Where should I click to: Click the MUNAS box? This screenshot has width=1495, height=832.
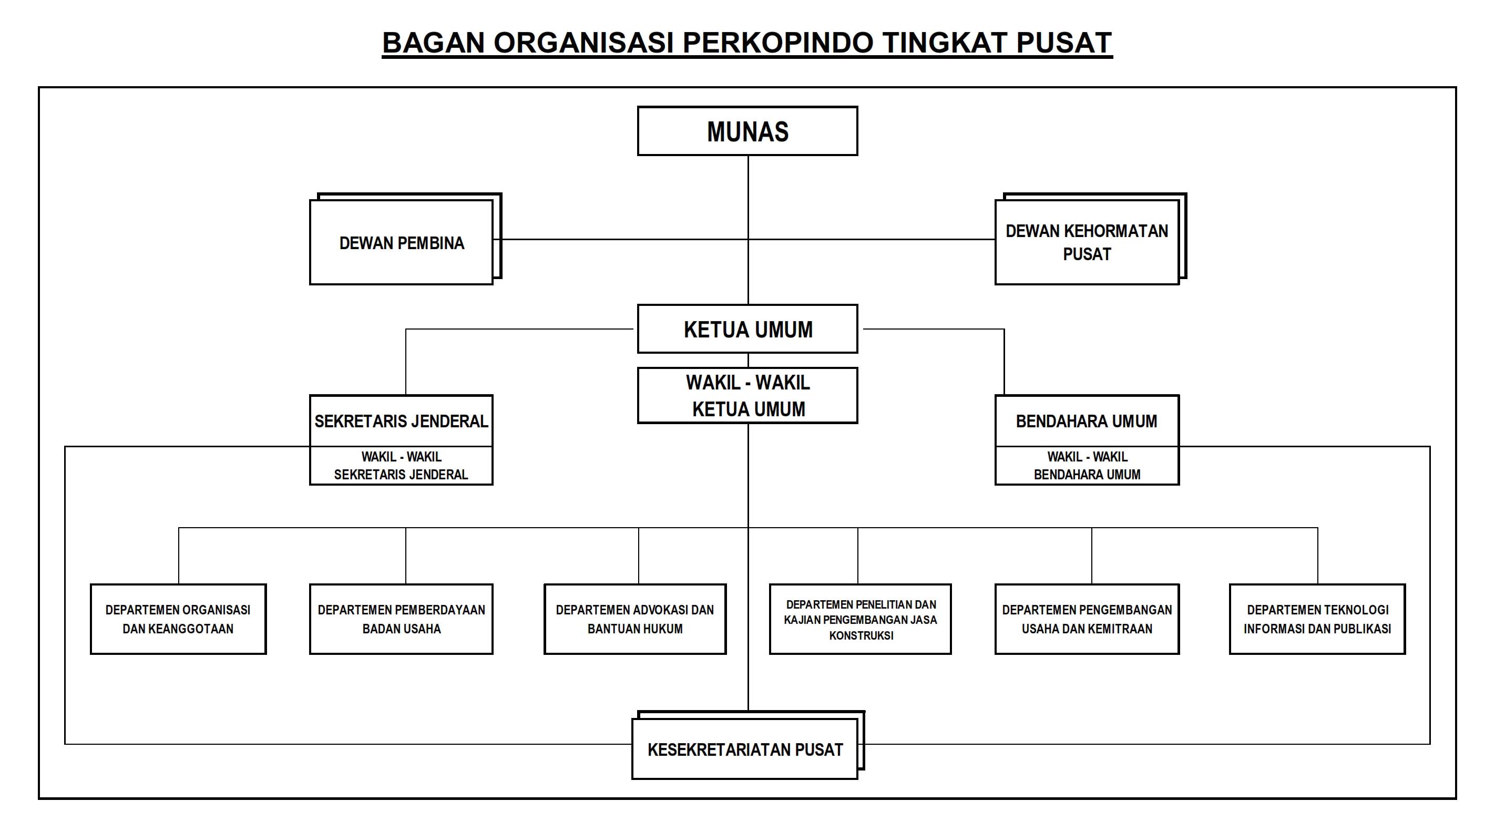click(x=747, y=131)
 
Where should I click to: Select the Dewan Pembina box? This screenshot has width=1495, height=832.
click(x=401, y=242)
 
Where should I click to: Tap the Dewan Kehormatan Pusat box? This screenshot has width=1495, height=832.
click(x=1087, y=242)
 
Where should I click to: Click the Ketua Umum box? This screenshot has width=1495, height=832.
click(x=747, y=329)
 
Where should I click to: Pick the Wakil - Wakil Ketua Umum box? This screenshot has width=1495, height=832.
click(x=747, y=395)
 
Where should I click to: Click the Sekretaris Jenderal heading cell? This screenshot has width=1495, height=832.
click(x=401, y=420)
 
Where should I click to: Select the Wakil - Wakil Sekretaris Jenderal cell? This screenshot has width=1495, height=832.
click(x=401, y=465)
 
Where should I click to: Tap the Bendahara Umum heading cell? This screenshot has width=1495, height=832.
click(x=1087, y=420)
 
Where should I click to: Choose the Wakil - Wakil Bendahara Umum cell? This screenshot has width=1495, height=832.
click(x=1087, y=465)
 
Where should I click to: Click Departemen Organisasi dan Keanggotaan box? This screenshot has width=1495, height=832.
click(x=178, y=619)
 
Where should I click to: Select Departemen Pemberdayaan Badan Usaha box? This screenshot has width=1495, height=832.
click(x=401, y=619)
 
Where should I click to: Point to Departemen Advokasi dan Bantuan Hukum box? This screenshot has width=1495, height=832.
click(x=635, y=619)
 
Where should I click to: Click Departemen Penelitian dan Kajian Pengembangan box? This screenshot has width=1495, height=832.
click(x=860, y=619)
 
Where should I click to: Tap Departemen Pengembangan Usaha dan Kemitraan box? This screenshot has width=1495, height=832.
click(x=1087, y=619)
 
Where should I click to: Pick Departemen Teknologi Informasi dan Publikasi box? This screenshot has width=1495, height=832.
click(x=1317, y=619)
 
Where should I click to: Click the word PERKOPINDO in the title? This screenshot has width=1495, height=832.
click(x=777, y=43)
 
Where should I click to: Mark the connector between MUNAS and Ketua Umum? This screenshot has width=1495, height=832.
click(x=748, y=197)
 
